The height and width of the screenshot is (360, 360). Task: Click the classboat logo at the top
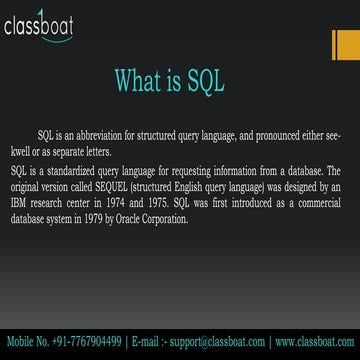pos(48,23)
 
